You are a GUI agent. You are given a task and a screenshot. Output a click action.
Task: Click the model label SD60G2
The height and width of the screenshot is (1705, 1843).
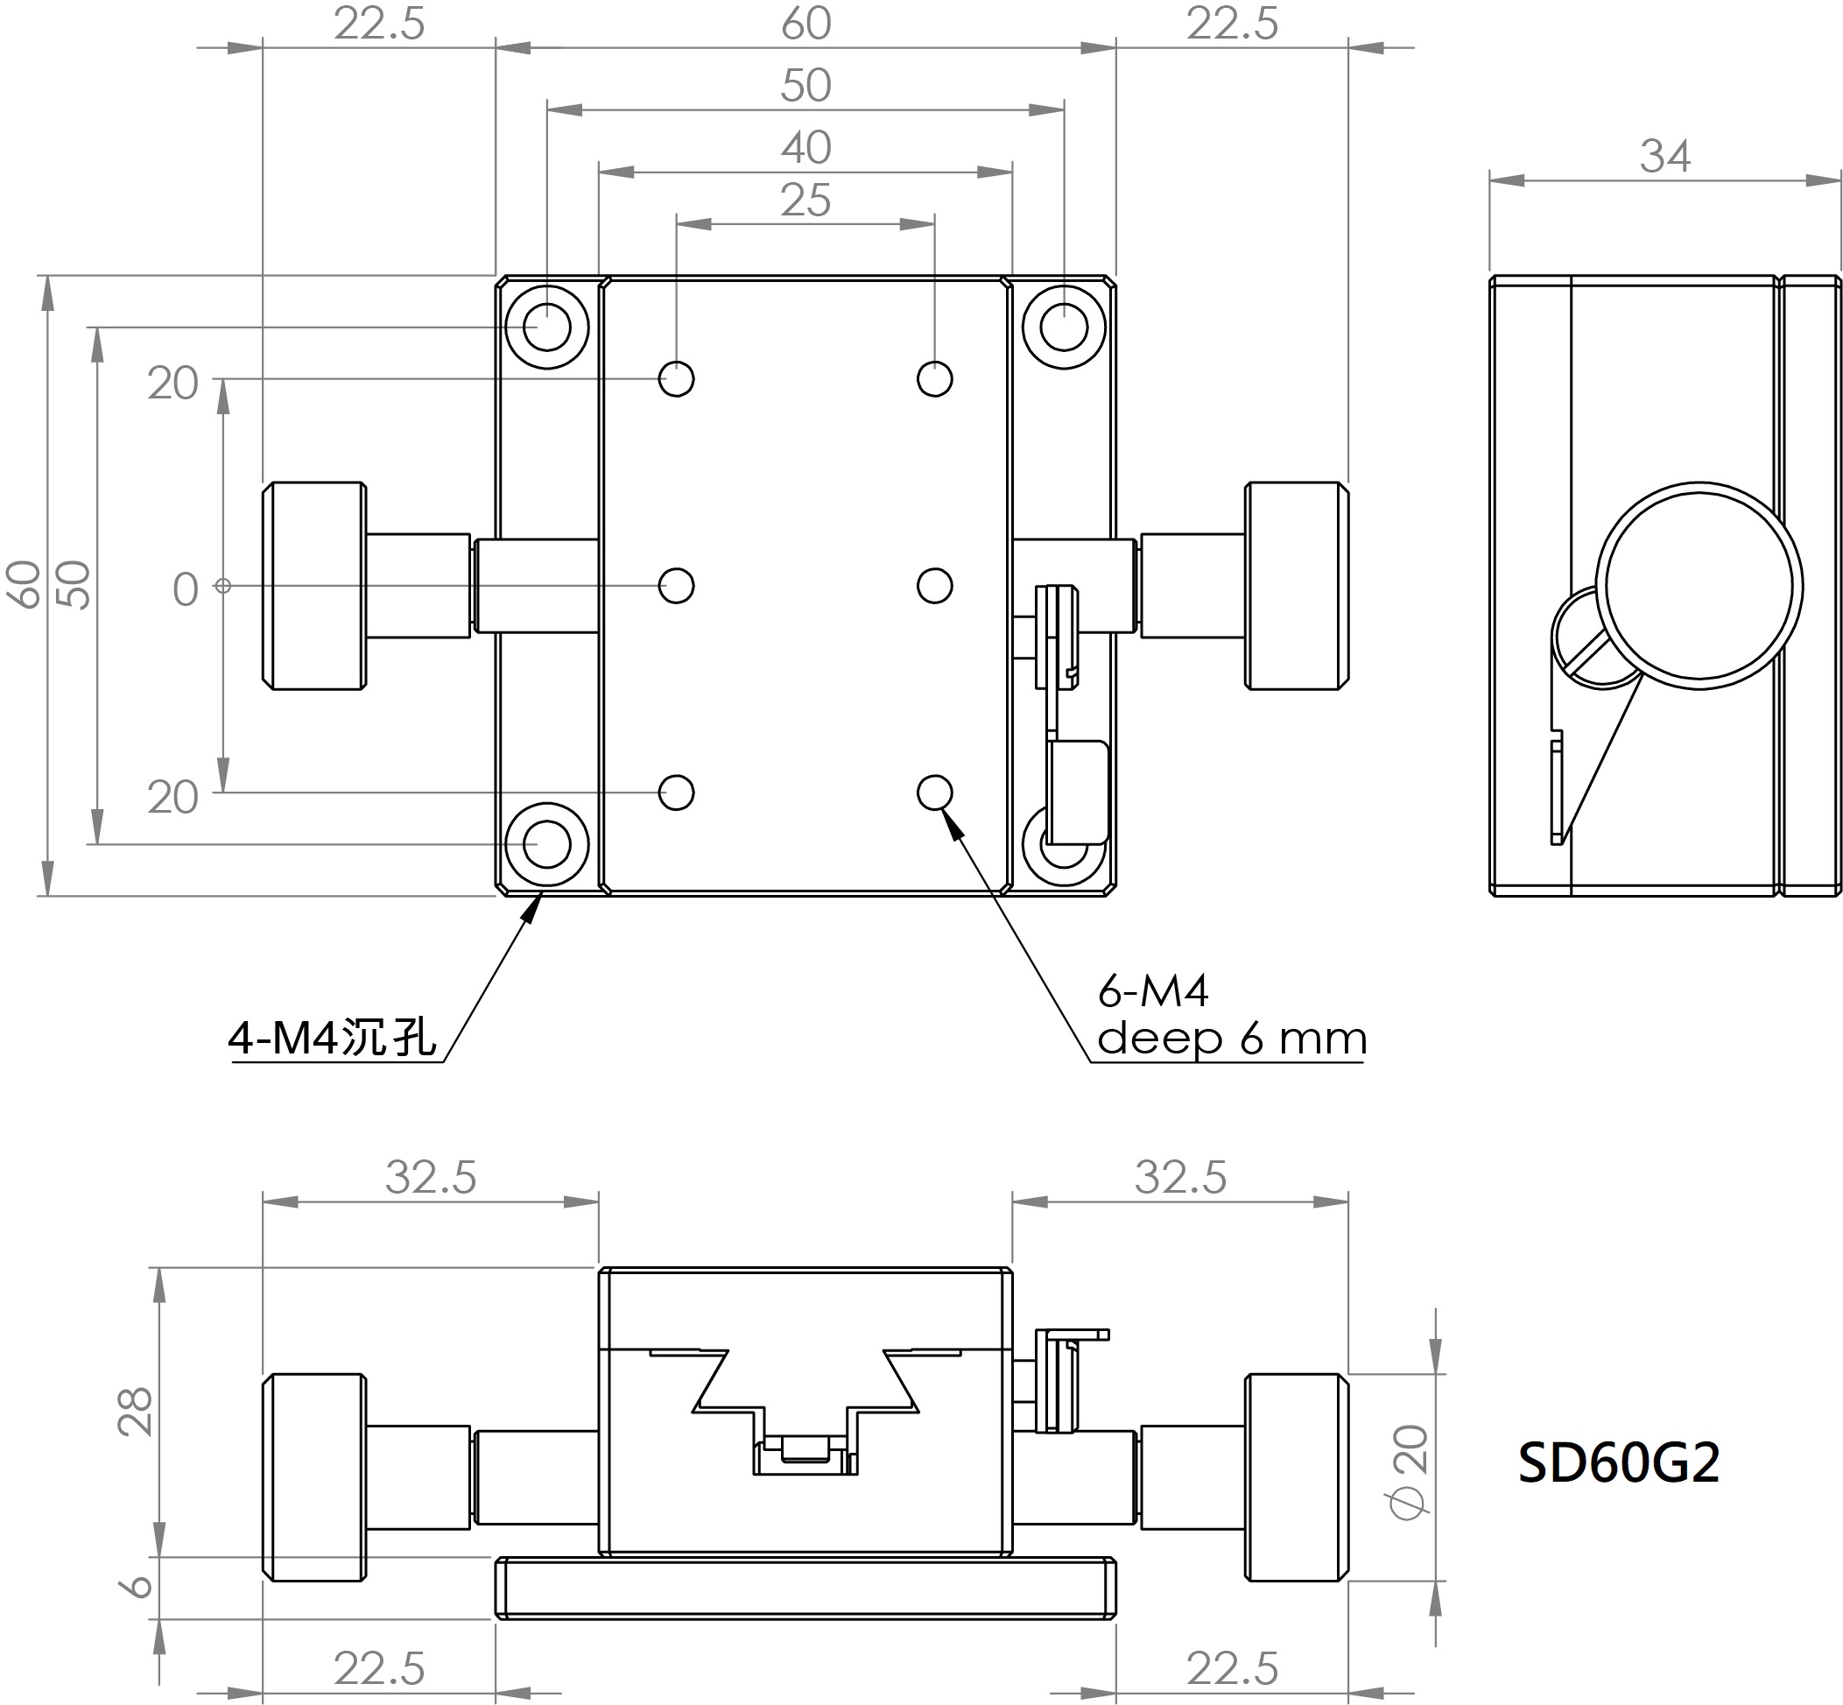(x=1619, y=1462)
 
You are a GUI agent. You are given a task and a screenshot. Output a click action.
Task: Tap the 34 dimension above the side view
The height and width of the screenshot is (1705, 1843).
(x=1665, y=157)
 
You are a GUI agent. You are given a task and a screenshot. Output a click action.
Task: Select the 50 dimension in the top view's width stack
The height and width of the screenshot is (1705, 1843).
(x=805, y=86)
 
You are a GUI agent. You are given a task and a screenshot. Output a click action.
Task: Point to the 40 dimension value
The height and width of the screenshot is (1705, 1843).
(x=805, y=148)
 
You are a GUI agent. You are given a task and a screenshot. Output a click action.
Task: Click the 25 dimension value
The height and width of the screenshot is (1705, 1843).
(x=805, y=201)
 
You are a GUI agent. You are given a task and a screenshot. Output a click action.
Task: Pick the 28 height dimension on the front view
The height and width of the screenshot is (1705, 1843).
(x=136, y=1412)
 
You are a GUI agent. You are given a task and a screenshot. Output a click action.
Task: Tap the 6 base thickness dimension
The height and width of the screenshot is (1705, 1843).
(x=137, y=1585)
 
